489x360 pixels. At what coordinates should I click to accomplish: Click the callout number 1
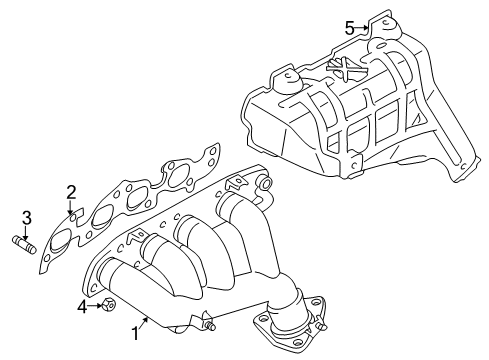point(134,333)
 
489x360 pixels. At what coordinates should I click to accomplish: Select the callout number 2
point(71,191)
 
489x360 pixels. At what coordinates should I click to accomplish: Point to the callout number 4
point(82,306)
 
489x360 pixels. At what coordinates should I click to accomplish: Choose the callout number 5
point(350,27)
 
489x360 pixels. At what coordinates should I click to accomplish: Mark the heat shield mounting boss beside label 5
point(381,28)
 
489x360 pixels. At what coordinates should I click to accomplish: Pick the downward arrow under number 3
point(28,229)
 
